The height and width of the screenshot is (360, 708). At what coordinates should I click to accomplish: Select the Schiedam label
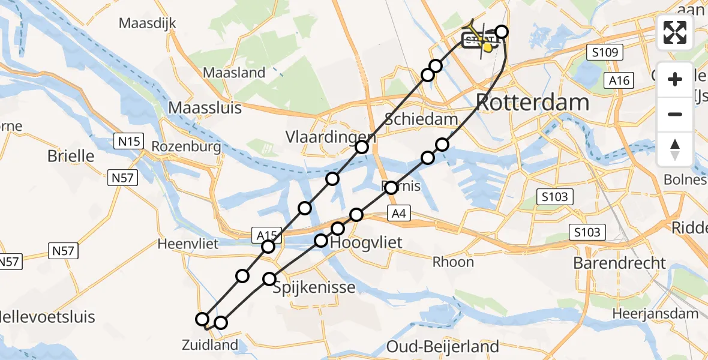coord(421,119)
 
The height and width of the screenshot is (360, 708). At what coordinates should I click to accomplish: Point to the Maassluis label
coord(205,108)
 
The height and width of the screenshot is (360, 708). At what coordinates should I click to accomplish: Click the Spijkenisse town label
coord(314,287)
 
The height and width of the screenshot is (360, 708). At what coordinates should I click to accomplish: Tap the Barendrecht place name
coord(620,263)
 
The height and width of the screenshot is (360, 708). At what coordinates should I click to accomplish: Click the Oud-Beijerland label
coord(443,346)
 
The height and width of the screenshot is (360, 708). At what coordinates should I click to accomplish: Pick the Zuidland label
coord(211,345)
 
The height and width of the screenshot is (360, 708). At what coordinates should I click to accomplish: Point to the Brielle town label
coord(71,156)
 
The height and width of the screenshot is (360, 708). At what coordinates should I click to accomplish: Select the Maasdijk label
coord(148,24)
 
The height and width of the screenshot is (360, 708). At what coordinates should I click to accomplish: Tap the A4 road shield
coord(400,213)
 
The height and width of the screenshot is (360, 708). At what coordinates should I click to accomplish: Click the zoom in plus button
coord(675,79)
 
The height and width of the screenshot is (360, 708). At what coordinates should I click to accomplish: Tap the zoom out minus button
coord(675,114)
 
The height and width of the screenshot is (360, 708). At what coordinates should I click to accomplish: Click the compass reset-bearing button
coord(675,149)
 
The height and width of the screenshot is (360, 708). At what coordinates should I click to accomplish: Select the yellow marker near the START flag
coord(488,47)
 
